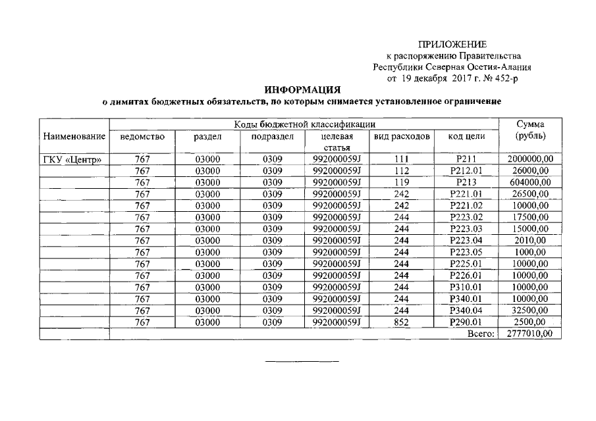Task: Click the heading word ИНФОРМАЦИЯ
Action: point(302,89)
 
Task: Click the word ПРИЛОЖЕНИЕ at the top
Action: point(452,45)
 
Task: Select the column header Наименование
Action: point(74,136)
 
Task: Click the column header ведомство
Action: point(142,136)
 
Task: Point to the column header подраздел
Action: point(272,136)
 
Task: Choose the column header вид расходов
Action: point(402,136)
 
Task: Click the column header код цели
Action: point(466,136)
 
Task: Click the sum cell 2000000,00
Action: point(530,159)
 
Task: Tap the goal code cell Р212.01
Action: point(466,170)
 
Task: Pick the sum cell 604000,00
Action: point(530,182)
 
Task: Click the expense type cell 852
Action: point(402,322)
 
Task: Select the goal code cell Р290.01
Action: point(466,322)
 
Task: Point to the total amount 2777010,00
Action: point(530,334)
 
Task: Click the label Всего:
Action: point(481,334)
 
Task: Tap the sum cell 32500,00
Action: point(530,310)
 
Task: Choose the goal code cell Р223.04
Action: point(466,241)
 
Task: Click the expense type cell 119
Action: point(402,182)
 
